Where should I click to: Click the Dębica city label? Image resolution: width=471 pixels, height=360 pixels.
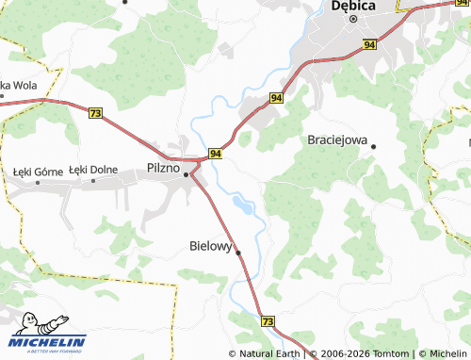(354, 6)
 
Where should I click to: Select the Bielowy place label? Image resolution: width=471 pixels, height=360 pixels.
(211, 245)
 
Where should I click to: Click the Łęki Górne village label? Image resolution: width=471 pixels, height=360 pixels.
(38, 171)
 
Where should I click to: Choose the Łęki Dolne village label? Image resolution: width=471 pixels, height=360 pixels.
(93, 170)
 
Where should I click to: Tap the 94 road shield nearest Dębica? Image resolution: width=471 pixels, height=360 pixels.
(368, 44)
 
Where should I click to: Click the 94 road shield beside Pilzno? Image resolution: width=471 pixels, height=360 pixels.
(216, 153)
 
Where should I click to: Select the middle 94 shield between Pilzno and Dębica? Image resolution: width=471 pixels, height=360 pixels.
(277, 97)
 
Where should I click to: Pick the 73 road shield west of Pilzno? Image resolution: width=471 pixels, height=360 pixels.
(94, 113)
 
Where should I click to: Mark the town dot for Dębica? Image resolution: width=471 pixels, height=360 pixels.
(349, 18)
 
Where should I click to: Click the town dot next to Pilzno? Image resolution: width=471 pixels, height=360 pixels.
(187, 174)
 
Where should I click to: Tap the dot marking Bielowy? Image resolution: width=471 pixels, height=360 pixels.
(238, 253)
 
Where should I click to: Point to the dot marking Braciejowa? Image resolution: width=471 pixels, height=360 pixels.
(374, 146)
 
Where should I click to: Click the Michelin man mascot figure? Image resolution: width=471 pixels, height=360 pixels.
(29, 324)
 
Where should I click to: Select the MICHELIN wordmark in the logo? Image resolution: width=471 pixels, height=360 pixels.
(49, 342)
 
